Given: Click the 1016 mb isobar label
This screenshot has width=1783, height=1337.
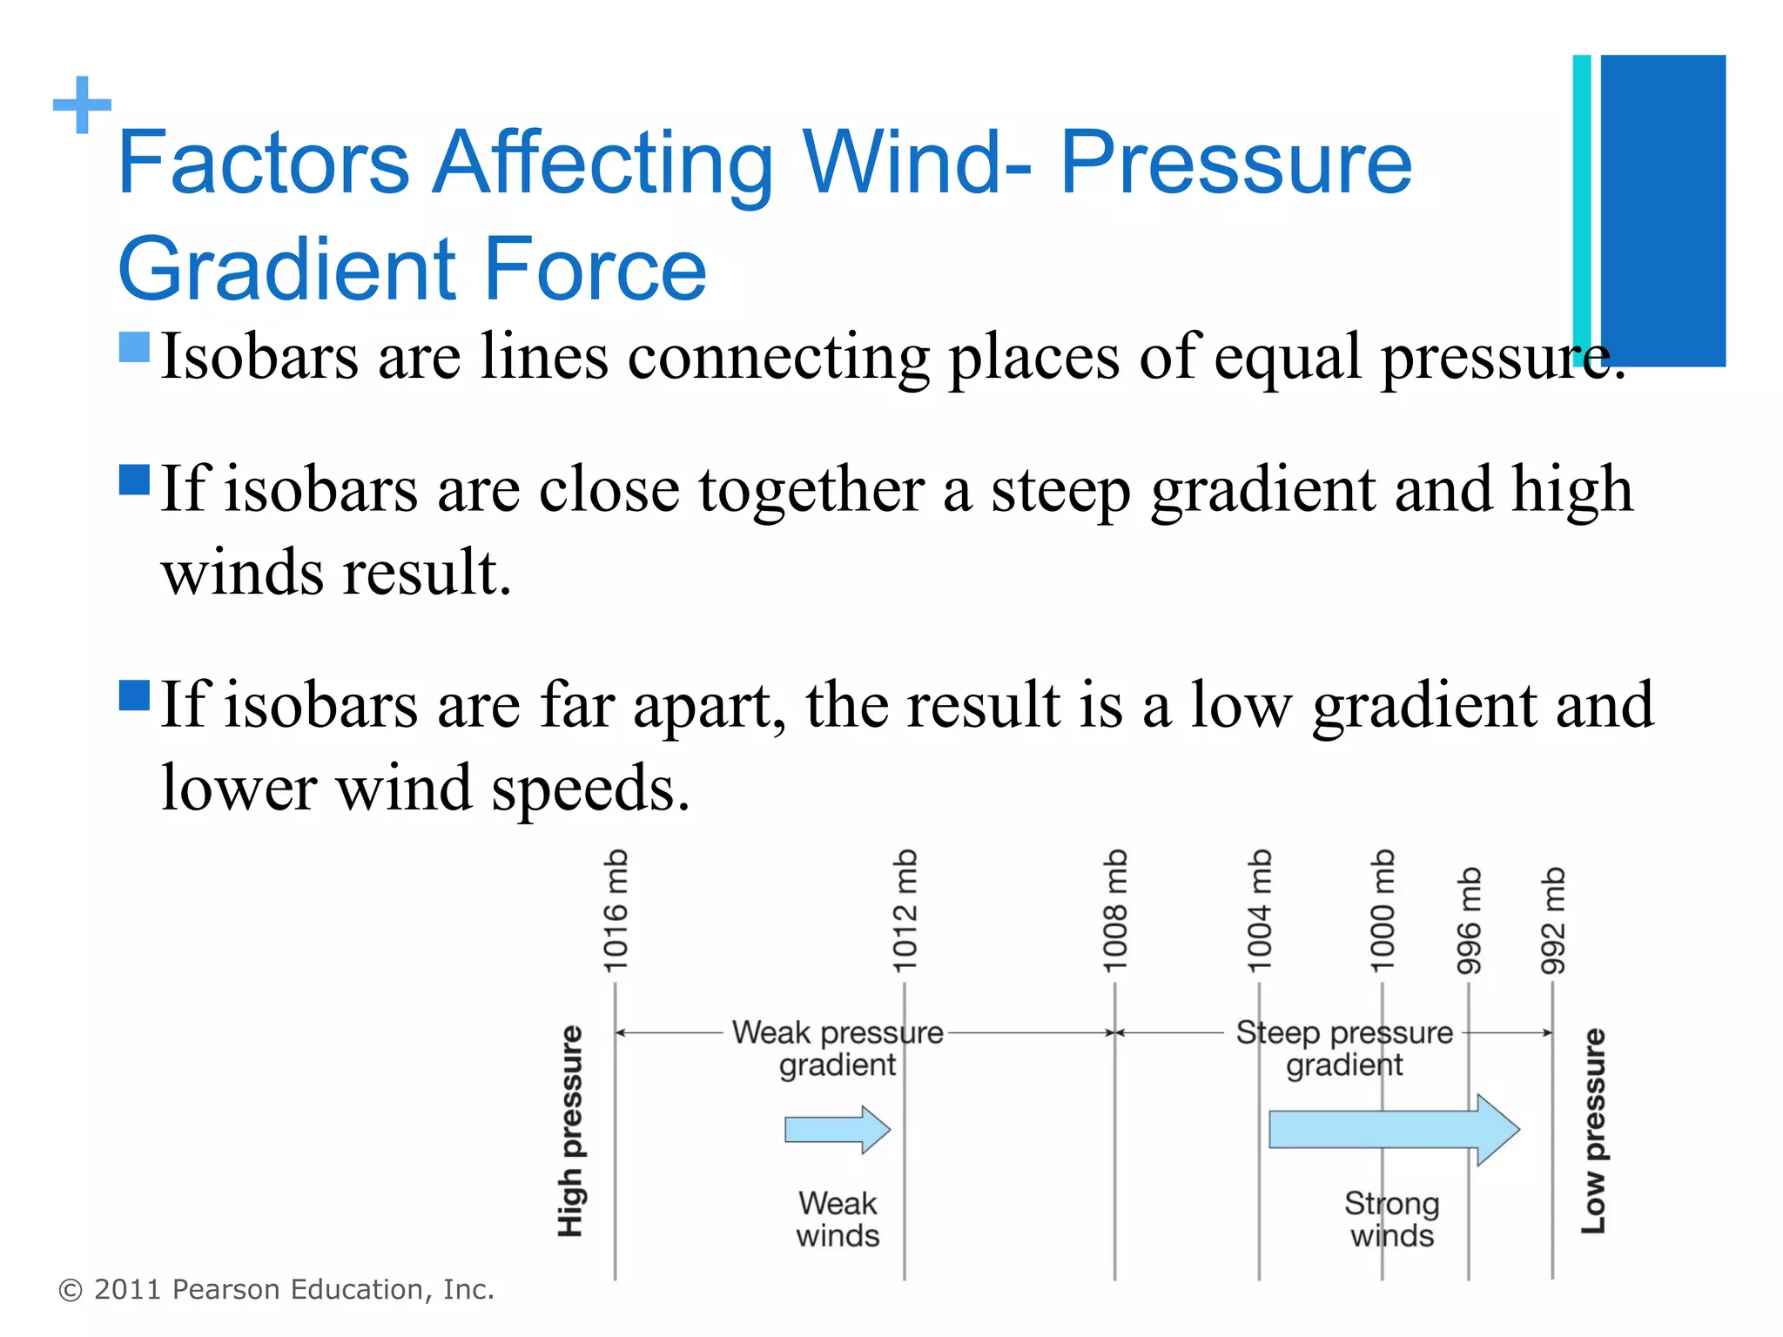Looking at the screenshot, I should [616, 910].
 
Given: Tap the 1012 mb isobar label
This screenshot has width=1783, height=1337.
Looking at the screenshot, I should [905, 910].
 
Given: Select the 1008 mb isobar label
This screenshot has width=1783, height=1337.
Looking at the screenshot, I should [1115, 910].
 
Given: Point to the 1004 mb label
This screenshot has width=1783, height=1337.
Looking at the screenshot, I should [1260, 910].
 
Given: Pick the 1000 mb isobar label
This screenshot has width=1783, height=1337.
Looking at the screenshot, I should [1383, 910].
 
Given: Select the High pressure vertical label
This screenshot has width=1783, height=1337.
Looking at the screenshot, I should [570, 1131].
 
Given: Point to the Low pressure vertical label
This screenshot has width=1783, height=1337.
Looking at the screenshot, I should [1593, 1131].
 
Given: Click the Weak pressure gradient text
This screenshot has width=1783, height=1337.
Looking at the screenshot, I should [838, 1048].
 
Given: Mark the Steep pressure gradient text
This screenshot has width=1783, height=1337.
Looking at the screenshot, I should [1344, 1048].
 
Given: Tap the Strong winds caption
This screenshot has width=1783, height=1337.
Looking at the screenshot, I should [1391, 1219].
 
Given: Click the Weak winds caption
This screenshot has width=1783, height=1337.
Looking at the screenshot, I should [838, 1219].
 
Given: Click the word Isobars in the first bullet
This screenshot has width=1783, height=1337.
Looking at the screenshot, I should [259, 356].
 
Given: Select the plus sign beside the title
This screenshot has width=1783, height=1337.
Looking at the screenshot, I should [83, 105].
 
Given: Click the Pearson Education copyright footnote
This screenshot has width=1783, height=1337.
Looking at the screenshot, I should [276, 1289].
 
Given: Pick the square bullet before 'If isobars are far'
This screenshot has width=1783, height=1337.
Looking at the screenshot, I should [134, 695].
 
